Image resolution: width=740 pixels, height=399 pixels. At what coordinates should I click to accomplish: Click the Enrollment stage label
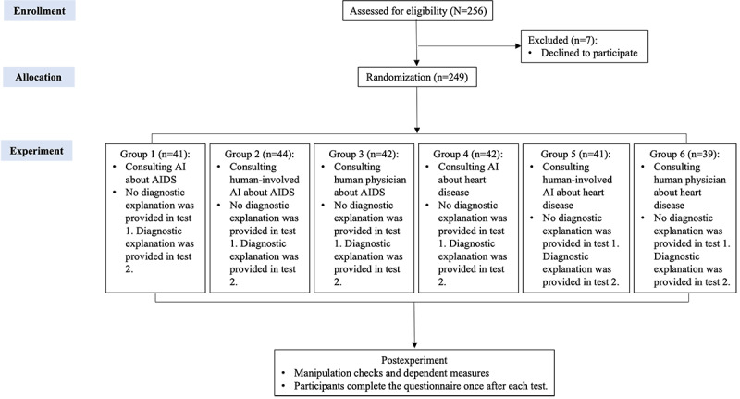(x=39, y=11)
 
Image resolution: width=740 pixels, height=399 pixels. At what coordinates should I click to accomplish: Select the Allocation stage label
(x=38, y=77)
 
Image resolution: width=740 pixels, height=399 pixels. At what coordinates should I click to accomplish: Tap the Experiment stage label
(x=36, y=151)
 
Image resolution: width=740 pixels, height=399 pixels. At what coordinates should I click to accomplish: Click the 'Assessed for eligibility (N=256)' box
(x=418, y=11)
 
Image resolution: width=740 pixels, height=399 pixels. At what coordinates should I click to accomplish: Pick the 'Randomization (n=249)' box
(x=417, y=77)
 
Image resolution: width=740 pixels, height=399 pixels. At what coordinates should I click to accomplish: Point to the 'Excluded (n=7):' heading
(x=562, y=40)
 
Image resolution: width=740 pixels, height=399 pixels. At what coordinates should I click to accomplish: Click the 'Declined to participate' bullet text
(x=589, y=53)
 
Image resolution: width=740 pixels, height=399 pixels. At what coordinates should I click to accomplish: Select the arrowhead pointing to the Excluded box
(x=518, y=46)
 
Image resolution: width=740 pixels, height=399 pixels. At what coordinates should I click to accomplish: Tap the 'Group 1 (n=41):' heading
(x=154, y=154)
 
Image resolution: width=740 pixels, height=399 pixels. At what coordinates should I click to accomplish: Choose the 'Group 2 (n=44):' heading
(x=259, y=154)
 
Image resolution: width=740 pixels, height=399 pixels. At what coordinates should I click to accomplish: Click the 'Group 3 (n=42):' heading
(x=364, y=154)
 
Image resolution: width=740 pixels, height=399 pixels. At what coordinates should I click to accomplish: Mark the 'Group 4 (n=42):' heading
(x=468, y=154)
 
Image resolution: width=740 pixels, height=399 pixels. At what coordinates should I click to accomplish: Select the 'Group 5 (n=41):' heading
(x=575, y=154)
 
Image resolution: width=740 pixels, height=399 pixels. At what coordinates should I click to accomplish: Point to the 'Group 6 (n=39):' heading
(x=684, y=154)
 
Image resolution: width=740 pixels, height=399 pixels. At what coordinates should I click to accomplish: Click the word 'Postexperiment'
(x=414, y=360)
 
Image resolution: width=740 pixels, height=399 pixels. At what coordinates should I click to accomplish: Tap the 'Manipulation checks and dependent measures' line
(x=391, y=373)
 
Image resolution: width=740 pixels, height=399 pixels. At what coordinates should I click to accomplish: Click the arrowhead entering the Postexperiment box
(x=414, y=345)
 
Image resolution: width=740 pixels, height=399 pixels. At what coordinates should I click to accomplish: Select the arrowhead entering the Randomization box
(x=417, y=63)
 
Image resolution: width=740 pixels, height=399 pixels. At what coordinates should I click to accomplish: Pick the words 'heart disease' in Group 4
(x=462, y=186)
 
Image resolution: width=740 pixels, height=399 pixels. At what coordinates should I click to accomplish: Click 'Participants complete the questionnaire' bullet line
(x=421, y=386)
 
